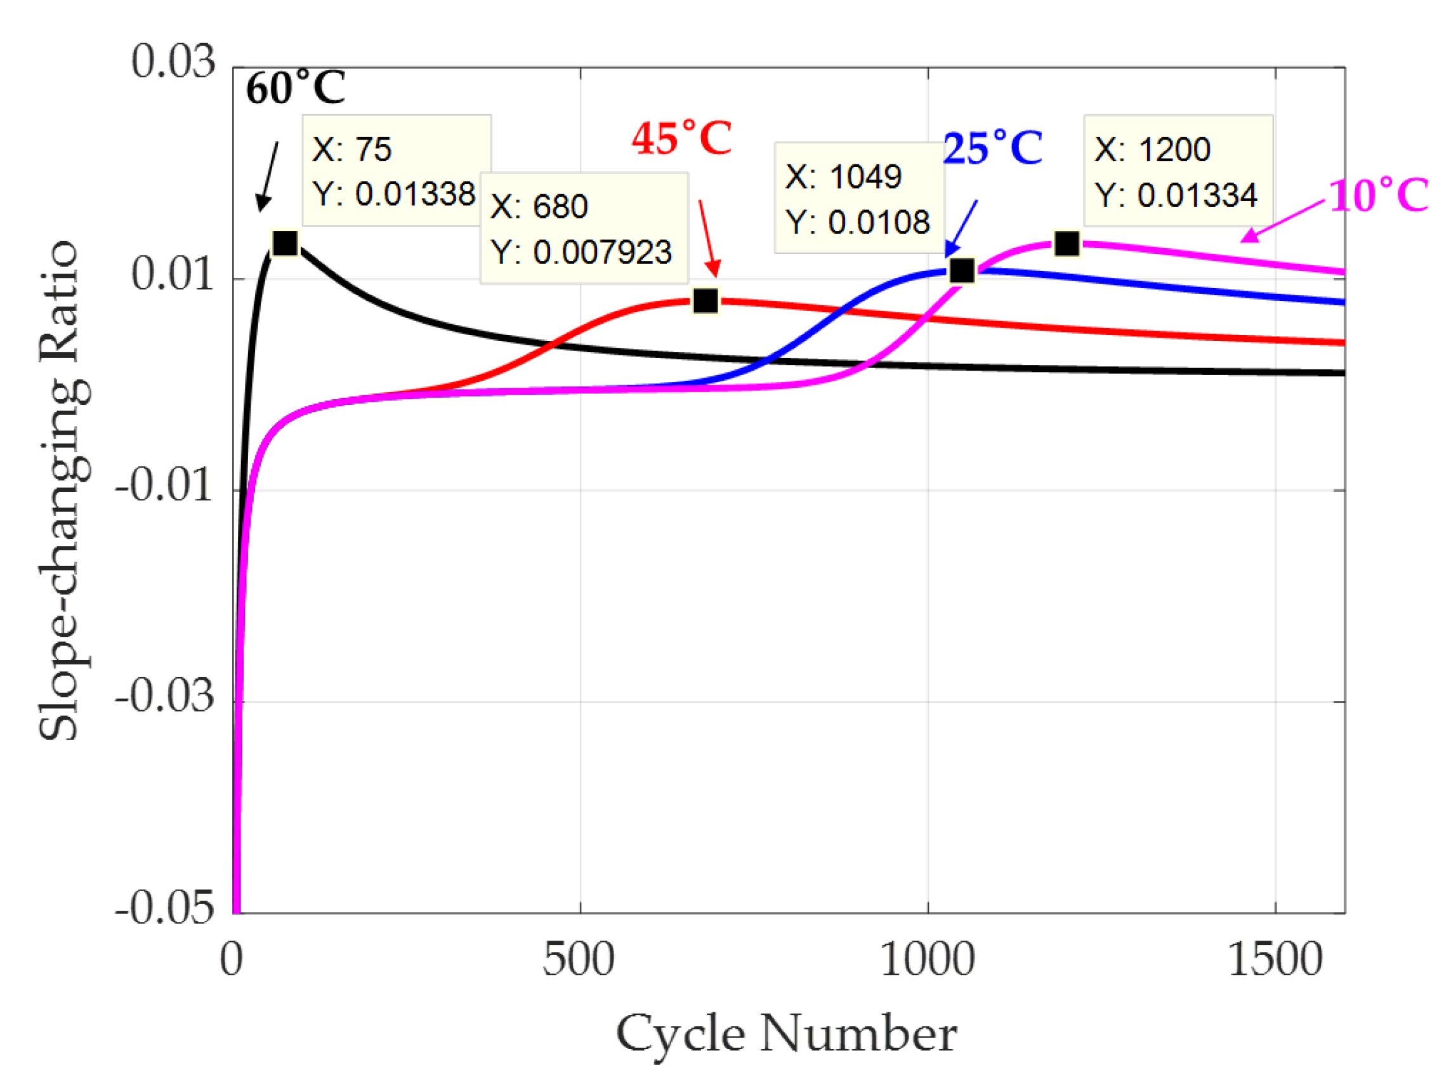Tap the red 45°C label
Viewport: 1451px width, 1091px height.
pyautogui.click(x=681, y=138)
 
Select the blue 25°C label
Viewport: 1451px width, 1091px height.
pyautogui.click(x=992, y=148)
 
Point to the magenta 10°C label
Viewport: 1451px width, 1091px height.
pyautogui.click(x=1377, y=195)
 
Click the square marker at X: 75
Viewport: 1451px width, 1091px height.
pyautogui.click(x=285, y=243)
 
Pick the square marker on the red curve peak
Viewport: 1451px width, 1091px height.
pyautogui.click(x=705, y=301)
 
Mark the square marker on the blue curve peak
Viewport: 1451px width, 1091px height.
pyautogui.click(x=962, y=270)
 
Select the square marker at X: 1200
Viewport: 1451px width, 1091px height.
pyautogui.click(x=1067, y=243)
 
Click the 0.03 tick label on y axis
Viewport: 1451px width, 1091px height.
pyautogui.click(x=173, y=62)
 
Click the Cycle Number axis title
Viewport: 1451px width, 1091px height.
pyautogui.click(x=786, y=1034)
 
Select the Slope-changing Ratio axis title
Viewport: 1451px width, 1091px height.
pyautogui.click(x=60, y=489)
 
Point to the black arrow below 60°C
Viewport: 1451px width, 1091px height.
pyautogui.click(x=268, y=176)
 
